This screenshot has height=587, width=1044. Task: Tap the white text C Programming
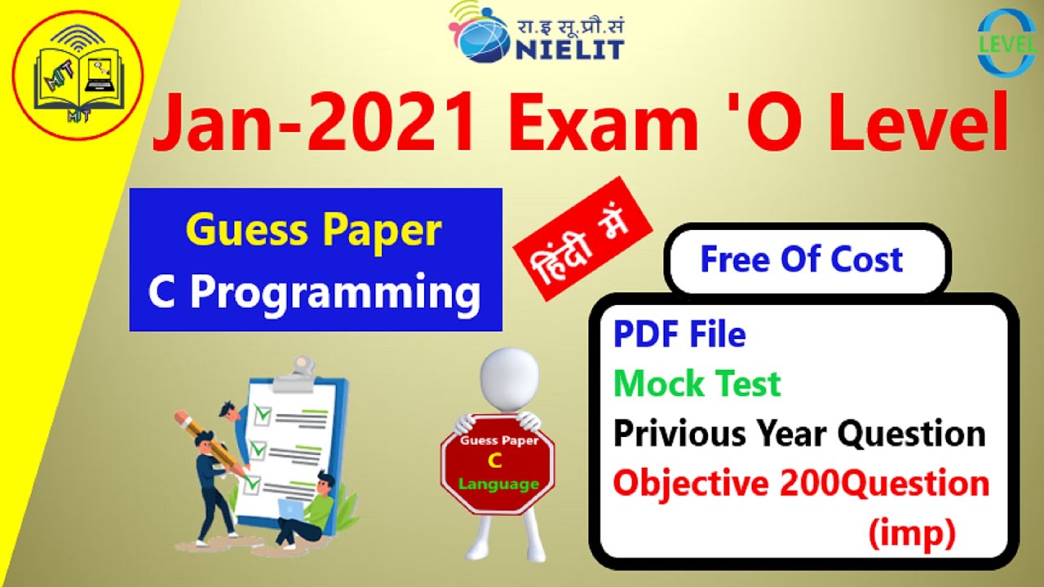coord(315,292)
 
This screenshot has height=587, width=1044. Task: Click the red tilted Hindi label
coord(582,238)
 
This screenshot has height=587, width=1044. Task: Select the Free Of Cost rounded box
coord(802,260)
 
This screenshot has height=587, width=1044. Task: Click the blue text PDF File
coord(679,334)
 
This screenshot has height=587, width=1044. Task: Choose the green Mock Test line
coord(697,383)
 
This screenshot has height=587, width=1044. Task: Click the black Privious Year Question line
coord(799,434)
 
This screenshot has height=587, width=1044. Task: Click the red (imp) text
coord(911,534)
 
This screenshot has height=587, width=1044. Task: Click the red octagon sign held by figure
coord(498,465)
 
